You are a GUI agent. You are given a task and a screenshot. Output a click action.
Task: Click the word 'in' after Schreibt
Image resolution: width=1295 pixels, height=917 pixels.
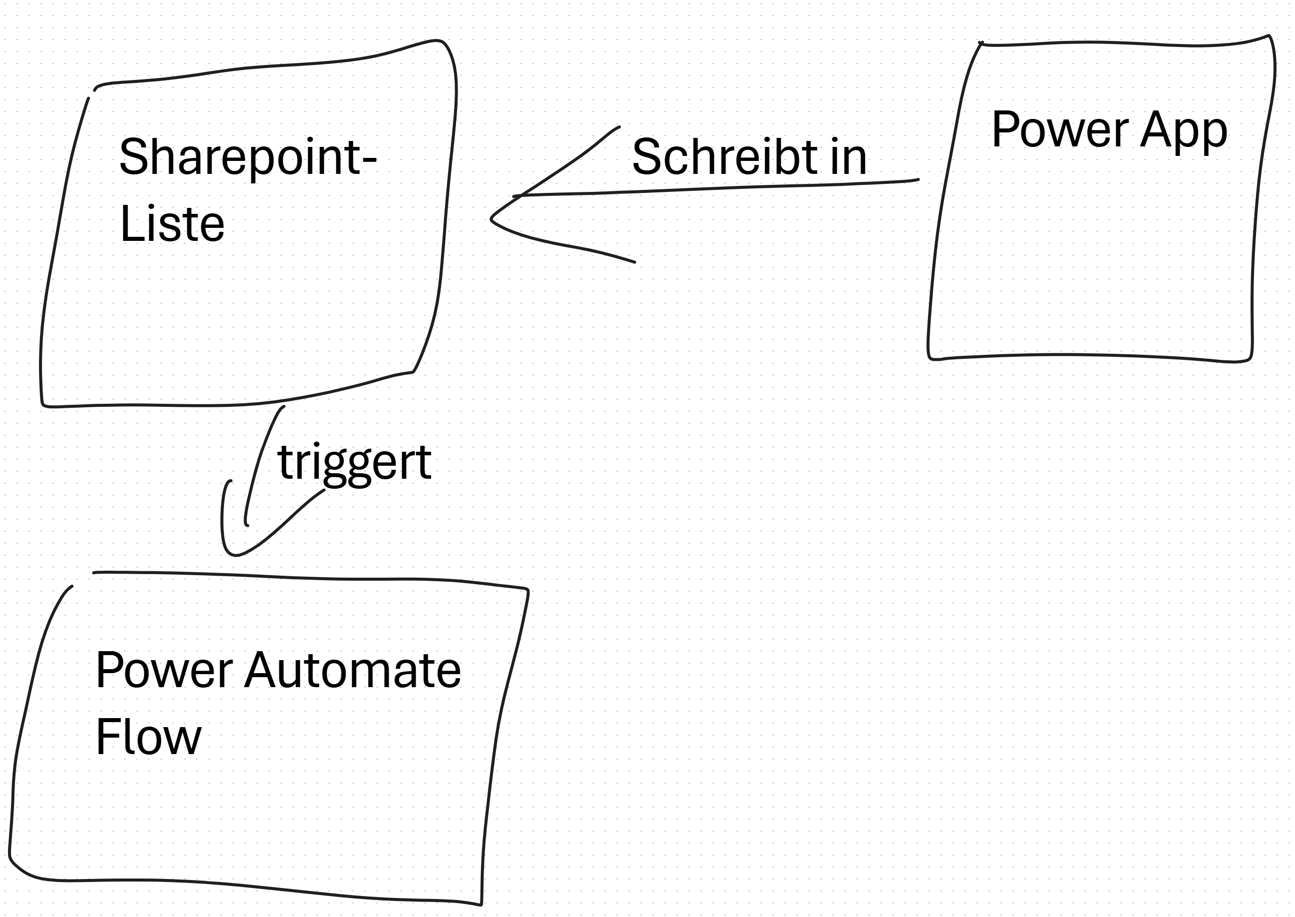point(848,157)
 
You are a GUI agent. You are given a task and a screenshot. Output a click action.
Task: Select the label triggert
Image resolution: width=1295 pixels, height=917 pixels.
point(354,463)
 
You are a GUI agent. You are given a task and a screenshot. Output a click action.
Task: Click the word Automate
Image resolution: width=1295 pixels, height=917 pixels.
point(352,670)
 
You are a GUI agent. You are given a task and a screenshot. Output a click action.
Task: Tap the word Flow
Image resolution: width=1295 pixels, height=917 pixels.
point(148,737)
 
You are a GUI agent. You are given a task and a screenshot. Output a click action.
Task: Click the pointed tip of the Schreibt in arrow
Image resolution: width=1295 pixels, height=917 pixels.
point(492,218)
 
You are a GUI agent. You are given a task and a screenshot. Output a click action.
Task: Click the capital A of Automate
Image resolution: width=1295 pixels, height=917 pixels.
point(259,670)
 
